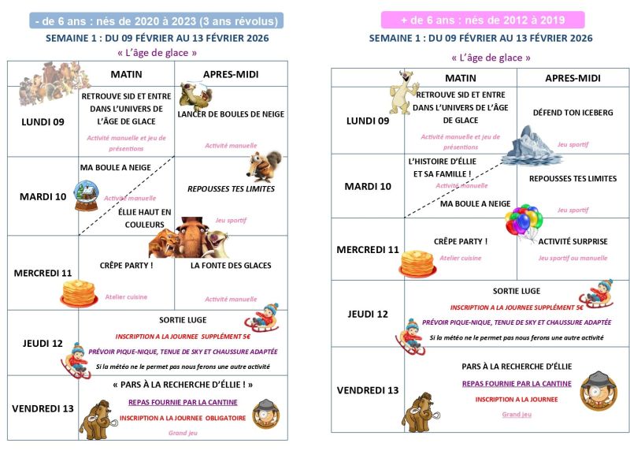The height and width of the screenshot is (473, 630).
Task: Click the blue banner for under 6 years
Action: pos(156,21)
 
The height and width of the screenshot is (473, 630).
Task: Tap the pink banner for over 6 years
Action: pos(482,20)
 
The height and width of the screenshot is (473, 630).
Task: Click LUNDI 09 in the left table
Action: pos(43,121)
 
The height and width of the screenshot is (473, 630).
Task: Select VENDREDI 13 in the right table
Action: pos(367,390)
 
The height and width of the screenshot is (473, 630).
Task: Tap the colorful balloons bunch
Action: pos(523,222)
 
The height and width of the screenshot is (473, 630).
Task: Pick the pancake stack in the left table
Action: pos(79,293)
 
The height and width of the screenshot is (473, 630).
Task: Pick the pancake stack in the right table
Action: pos(417,263)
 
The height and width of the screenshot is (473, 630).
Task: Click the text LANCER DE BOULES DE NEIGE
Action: pos(230,114)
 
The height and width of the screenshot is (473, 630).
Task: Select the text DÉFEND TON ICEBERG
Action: pos(573,113)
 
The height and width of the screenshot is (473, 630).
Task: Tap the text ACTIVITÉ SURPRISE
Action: pos(573,241)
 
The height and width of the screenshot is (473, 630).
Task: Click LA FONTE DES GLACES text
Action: pos(230,266)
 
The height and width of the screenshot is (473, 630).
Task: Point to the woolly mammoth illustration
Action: pos(98,416)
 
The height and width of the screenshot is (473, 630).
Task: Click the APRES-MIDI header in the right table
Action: pos(573,78)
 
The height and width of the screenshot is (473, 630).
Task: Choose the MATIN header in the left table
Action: pos(126,74)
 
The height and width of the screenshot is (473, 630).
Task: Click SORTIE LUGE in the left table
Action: pos(183,320)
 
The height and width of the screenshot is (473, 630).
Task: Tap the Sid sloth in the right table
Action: pos(406,88)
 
